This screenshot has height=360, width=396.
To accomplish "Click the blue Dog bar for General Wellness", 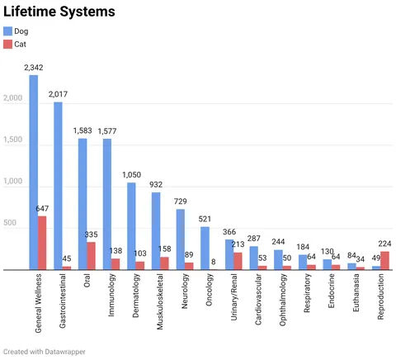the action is (34, 173).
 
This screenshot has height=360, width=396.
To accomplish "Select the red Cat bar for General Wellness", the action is (42, 243).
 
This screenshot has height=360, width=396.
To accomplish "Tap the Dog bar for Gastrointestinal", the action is (58, 186).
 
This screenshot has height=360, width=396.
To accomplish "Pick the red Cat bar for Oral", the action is (91, 256).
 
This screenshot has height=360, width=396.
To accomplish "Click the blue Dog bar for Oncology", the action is (205, 249).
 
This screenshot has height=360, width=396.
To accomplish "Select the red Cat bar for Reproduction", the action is (385, 261).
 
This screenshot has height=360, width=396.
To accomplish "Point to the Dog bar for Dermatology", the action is (131, 226).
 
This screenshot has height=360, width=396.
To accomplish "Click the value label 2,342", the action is (34, 68).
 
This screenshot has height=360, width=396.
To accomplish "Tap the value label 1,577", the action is (107, 131).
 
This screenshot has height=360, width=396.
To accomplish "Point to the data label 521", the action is (205, 219).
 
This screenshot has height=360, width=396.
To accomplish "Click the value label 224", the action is (384, 244).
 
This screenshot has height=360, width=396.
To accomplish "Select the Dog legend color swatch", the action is (7, 31).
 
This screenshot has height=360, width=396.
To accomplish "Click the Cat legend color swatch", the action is (7, 44).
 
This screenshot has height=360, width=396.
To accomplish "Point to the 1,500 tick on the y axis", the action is (12, 140).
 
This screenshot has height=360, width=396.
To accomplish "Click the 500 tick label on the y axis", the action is (10, 223).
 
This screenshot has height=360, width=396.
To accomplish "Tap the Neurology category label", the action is (184, 291).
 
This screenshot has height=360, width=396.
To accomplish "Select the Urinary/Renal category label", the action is (233, 297).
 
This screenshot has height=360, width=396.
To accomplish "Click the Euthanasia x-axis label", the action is (356, 292).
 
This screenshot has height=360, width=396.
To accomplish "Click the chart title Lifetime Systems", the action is (59, 12).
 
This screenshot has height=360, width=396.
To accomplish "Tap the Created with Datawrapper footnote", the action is (45, 352).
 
